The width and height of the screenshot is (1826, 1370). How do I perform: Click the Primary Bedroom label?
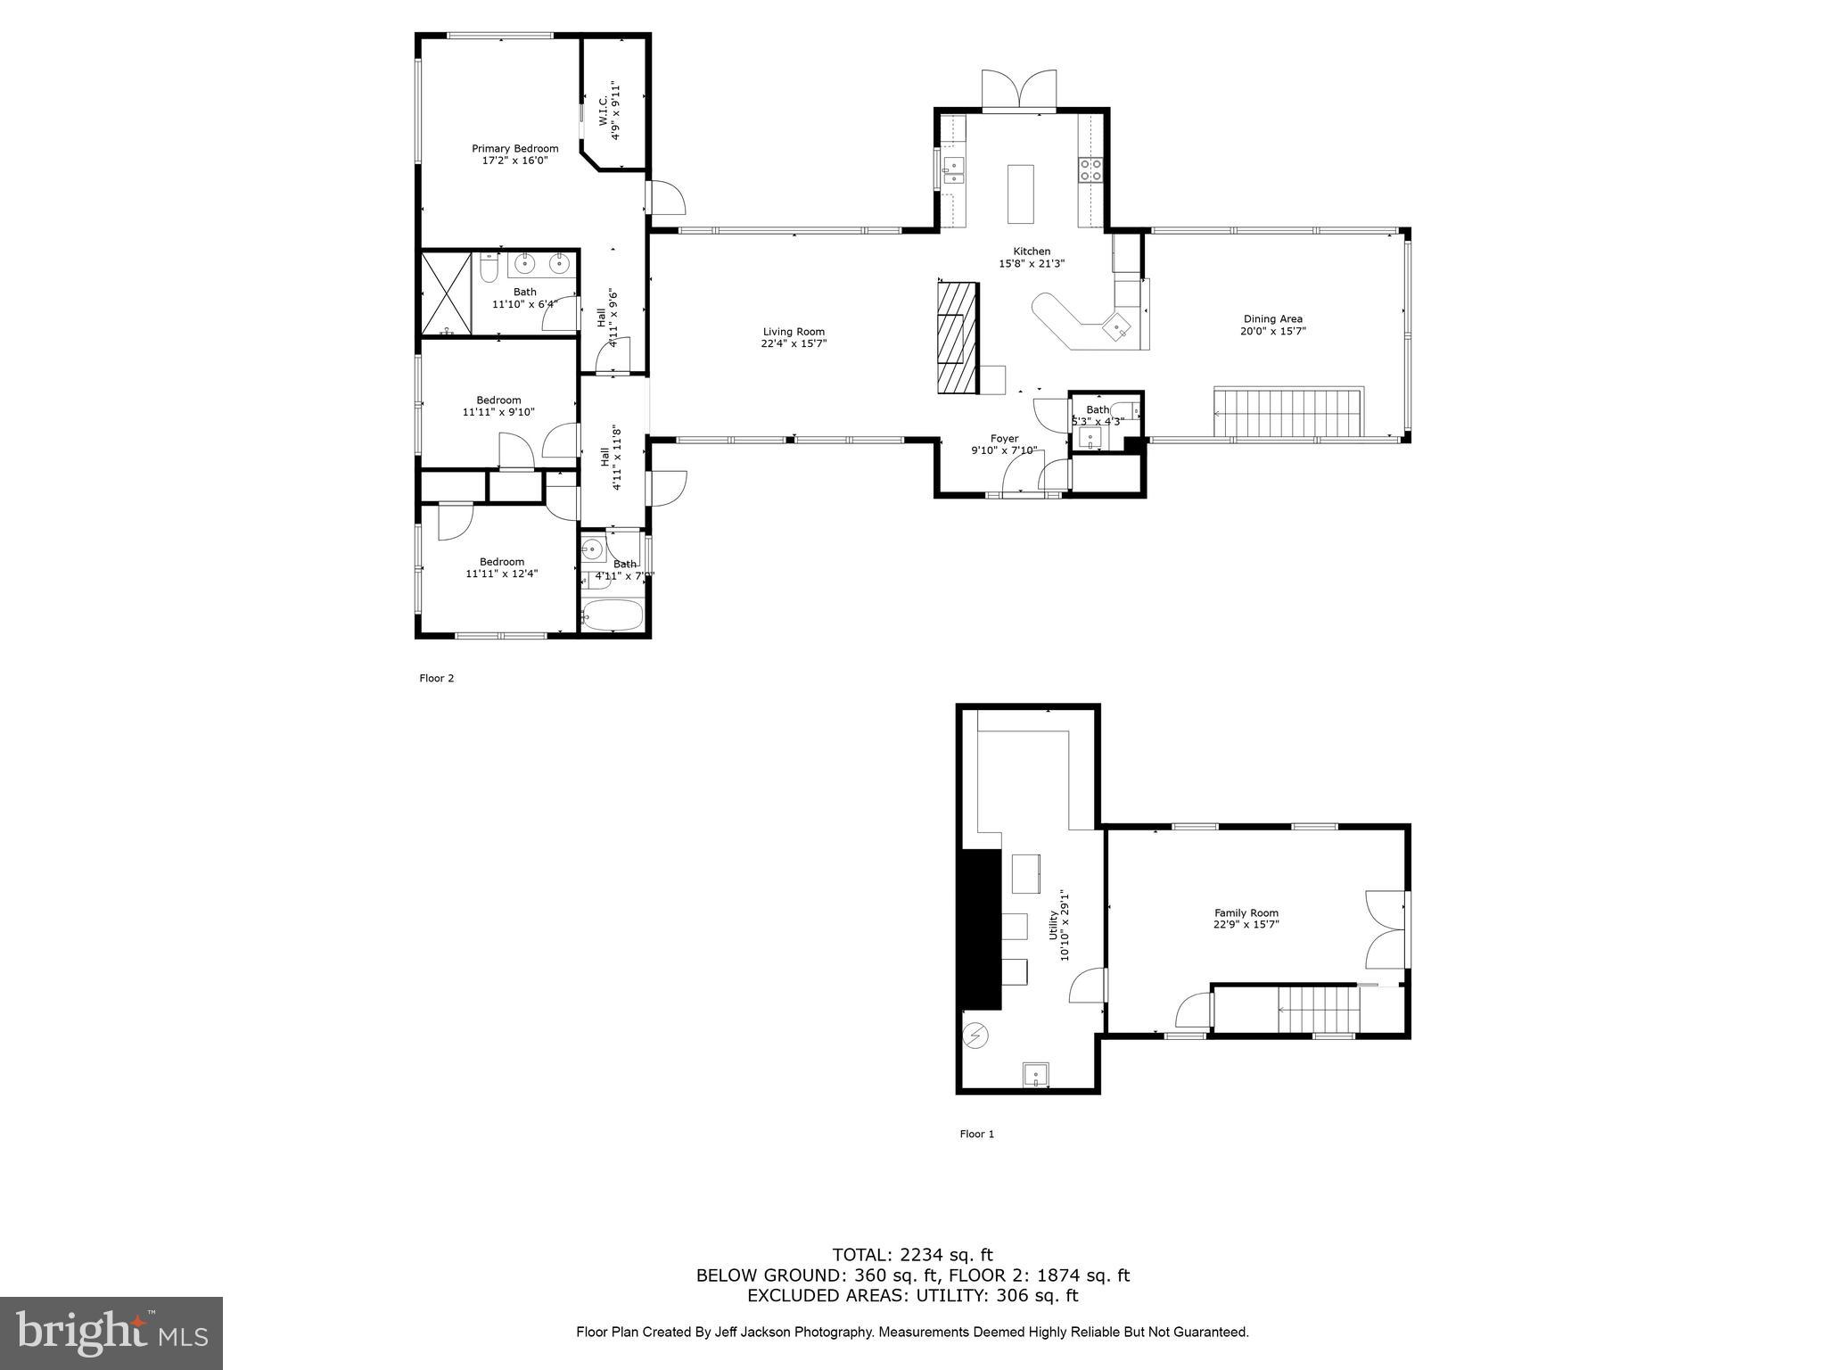click(x=514, y=149)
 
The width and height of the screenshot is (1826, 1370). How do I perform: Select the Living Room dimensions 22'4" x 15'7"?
click(x=794, y=344)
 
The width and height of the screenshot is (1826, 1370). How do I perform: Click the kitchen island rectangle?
click(x=1020, y=194)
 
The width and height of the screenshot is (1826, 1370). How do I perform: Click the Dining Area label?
click(x=1272, y=318)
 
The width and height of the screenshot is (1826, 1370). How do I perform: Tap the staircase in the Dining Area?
click(x=1288, y=413)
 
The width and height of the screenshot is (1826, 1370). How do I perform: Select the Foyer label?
click(x=1004, y=438)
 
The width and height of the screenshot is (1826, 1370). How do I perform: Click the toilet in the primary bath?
click(x=488, y=267)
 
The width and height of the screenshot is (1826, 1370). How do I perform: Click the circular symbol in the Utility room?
click(x=976, y=1036)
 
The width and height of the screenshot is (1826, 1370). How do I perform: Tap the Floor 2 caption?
click(x=437, y=678)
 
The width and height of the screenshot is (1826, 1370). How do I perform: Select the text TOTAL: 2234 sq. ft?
click(x=912, y=1255)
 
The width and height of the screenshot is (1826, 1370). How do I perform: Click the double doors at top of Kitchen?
click(x=1019, y=91)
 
